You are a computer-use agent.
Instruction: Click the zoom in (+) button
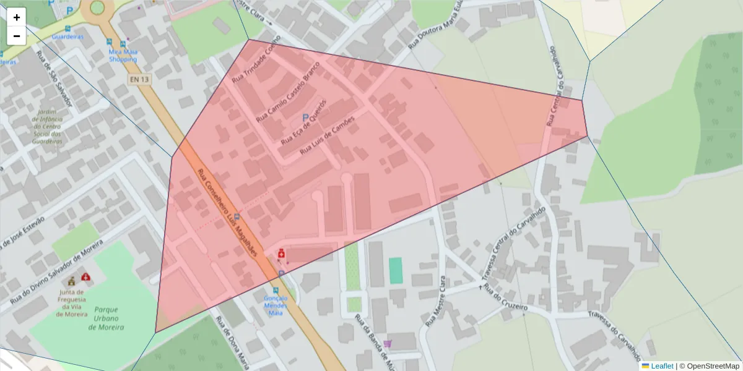pyautogui.click(x=17, y=17)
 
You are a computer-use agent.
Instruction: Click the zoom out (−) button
pyautogui.click(x=17, y=36)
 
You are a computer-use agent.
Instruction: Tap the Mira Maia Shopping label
pyautogui.click(x=123, y=56)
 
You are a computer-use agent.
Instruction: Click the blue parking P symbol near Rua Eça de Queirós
pyautogui.click(x=305, y=117)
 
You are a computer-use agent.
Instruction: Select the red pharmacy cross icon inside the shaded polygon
pyautogui.click(x=281, y=254)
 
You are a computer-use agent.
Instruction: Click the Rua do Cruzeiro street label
pyautogui.click(x=506, y=297)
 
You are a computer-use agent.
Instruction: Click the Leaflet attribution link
pyautogui.click(x=661, y=366)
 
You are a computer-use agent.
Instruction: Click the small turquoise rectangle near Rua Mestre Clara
pyautogui.click(x=396, y=270)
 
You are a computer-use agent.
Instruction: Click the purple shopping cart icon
pyautogui.click(x=388, y=344)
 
